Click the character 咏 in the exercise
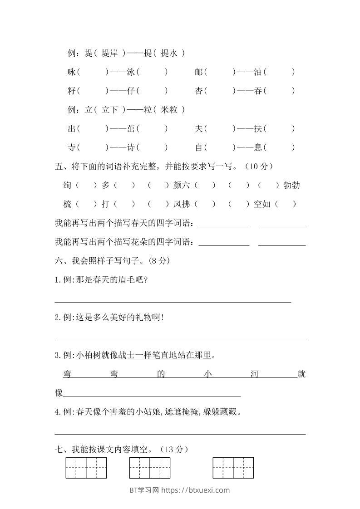click(71, 72)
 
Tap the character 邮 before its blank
click(199, 72)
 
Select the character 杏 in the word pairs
click(199, 91)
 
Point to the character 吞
click(258, 91)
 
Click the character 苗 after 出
click(131, 128)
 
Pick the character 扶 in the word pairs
click(258, 128)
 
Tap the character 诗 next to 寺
click(131, 147)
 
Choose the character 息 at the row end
click(258, 147)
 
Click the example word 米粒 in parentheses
click(170, 109)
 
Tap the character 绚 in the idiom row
click(68, 185)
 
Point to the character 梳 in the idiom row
click(68, 204)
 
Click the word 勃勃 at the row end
click(291, 185)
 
